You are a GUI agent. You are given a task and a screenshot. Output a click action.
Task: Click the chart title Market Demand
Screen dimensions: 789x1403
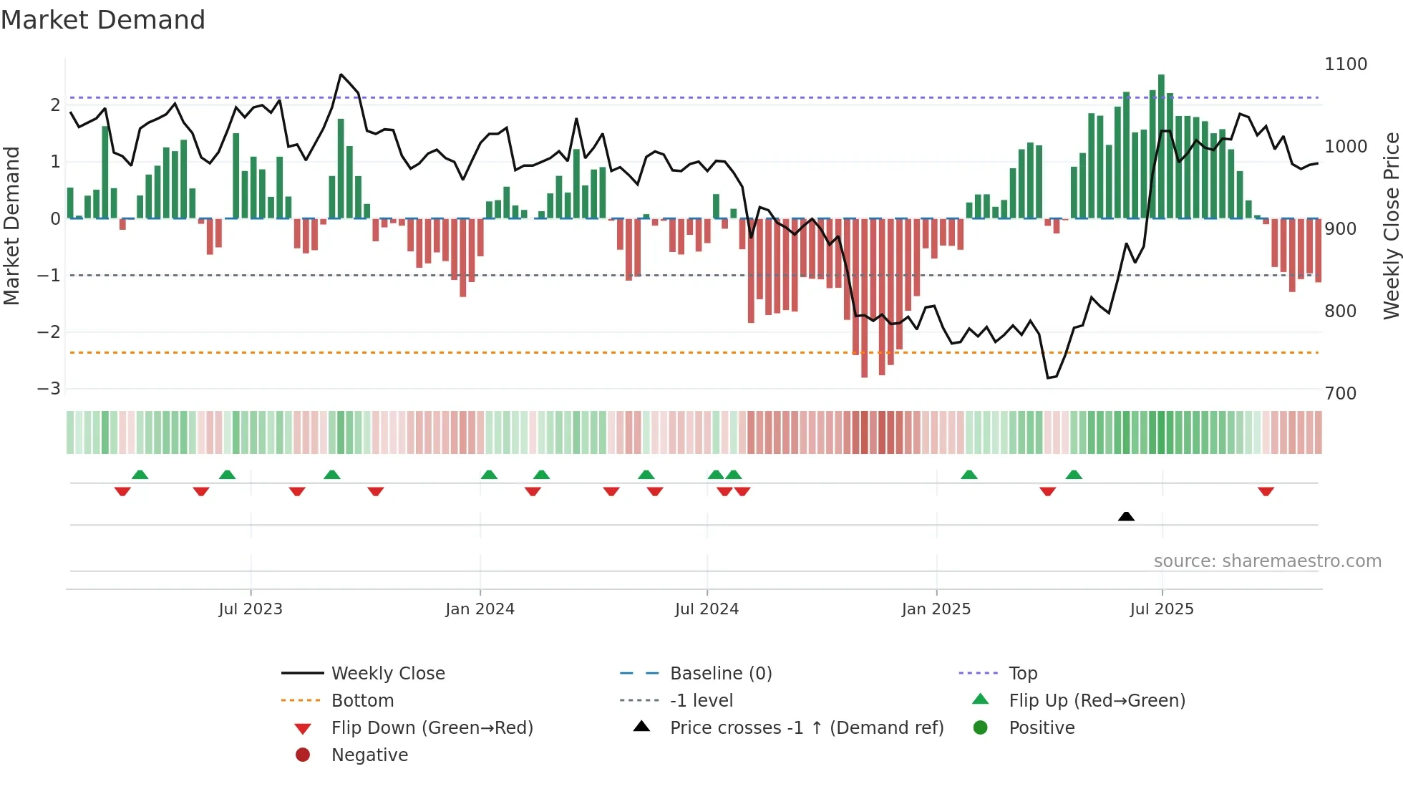tap(103, 20)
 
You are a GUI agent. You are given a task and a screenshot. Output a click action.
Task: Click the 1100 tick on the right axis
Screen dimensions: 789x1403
tap(1345, 64)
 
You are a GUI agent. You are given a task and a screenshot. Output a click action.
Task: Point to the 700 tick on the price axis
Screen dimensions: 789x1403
tap(1340, 393)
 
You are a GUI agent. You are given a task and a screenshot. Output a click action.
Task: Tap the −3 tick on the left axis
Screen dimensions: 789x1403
tap(49, 388)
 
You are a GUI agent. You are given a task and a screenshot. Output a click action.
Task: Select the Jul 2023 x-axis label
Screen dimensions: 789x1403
tap(251, 609)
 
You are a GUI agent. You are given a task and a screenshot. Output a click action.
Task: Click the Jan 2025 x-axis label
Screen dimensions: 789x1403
tap(936, 609)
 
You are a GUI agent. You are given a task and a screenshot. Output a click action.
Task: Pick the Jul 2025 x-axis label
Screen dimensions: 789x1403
tap(1162, 609)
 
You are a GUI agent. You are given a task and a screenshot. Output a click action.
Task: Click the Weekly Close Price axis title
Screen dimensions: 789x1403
tap(1391, 226)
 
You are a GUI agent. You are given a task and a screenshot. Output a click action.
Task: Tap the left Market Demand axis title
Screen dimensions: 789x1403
tap(11, 226)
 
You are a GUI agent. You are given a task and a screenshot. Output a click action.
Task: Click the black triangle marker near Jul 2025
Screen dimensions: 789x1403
tap(1126, 516)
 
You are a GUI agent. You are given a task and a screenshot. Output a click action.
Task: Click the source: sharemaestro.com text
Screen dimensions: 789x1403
tap(1267, 561)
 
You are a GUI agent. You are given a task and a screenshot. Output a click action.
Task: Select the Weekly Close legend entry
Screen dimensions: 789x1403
tap(387, 673)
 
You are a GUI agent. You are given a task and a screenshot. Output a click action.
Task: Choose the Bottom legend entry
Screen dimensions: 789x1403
tap(362, 700)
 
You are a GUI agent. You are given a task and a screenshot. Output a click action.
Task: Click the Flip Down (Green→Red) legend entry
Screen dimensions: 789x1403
tap(432, 727)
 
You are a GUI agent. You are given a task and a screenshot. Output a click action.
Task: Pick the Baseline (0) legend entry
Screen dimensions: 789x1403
tap(720, 673)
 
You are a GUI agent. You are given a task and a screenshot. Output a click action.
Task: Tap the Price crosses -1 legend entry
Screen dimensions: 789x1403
tap(806, 727)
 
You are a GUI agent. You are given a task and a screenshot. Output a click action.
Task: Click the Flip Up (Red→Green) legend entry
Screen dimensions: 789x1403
tap(1097, 700)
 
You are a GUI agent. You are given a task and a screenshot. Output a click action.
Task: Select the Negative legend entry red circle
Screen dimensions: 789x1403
tap(303, 755)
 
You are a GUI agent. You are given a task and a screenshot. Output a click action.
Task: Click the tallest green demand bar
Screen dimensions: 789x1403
tap(1161, 143)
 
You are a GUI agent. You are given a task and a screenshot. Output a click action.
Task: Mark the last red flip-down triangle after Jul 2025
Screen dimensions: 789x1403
tap(1266, 491)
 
